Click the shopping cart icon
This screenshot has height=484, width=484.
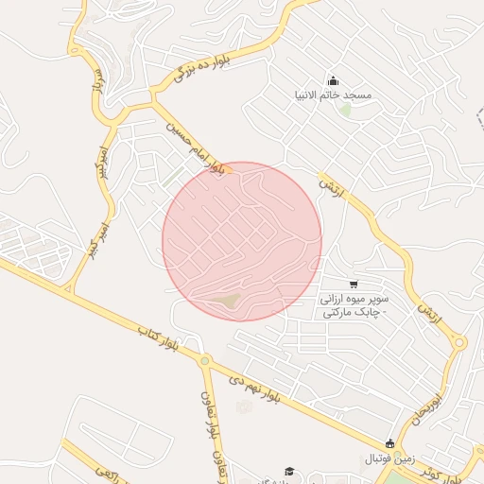[354, 284]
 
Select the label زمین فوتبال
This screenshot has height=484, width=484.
[389, 459]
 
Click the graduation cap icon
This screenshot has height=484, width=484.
[288, 471]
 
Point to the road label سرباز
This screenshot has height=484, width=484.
[95, 82]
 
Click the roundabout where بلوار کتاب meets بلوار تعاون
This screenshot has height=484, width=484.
[203, 360]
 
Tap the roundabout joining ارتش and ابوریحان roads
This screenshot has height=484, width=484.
[459, 343]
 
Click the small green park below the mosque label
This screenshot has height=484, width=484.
[346, 111]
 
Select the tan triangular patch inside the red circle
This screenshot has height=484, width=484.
[225, 301]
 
